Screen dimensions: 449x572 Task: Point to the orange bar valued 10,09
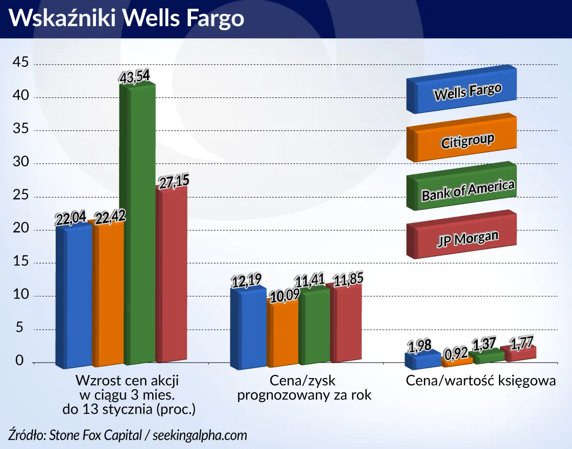282,334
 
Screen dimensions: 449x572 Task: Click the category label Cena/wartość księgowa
481,381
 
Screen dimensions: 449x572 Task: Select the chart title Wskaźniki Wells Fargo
126,18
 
